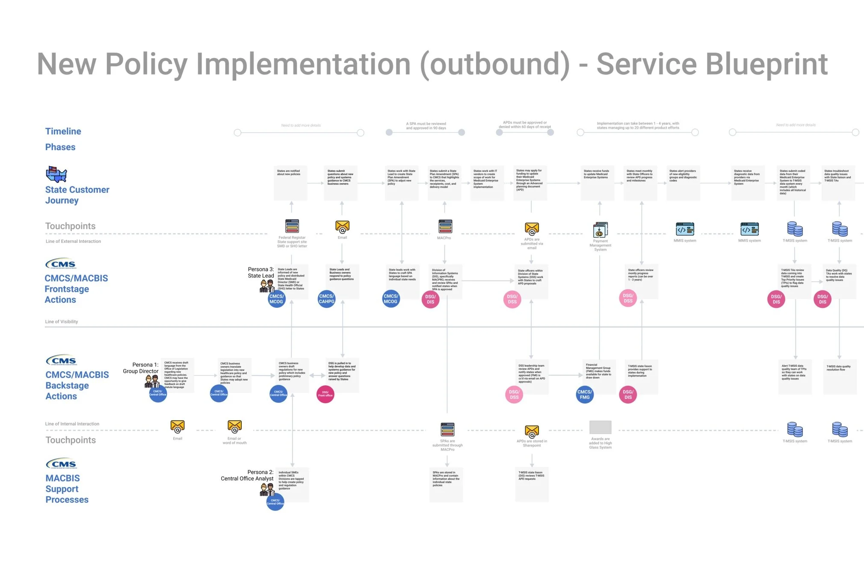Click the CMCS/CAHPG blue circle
pos(326,299)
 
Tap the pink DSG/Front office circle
pos(325,394)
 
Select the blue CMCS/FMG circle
pos(584,394)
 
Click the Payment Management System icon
pos(600,230)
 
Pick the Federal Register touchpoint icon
pos(292,226)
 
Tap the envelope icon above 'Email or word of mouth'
pos(234,426)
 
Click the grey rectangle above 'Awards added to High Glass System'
pos(600,427)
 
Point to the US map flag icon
pos(56,174)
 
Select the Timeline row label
pos(63,131)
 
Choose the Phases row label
pos(60,147)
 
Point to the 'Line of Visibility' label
pos(62,322)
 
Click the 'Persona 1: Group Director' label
pos(141,368)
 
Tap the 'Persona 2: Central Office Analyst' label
pos(247,475)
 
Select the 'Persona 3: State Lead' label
pos(261,272)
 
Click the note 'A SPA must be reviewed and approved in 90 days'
pos(426,126)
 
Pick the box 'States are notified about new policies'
pos(290,183)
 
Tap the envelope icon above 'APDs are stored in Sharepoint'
pos(532,431)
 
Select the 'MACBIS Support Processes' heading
pos(67,489)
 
